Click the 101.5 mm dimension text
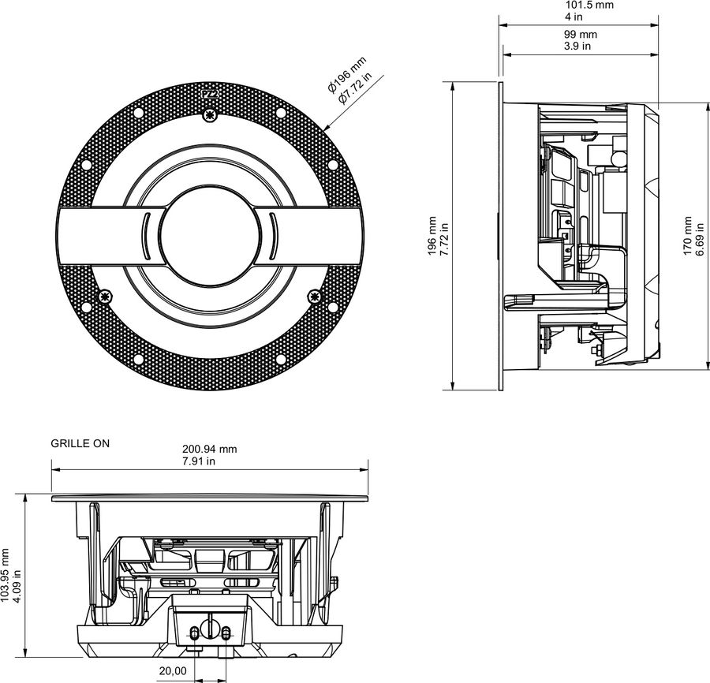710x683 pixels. click(x=580, y=5)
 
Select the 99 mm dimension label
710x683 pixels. click(x=580, y=35)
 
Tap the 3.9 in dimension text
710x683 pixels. click(x=580, y=47)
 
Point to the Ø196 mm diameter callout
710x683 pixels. click(x=347, y=76)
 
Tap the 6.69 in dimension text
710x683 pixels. click(x=699, y=236)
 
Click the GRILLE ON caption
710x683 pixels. click(x=80, y=443)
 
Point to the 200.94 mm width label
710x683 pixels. click(x=210, y=449)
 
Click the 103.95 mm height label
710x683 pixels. click(x=6, y=576)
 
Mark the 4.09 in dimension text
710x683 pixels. click(x=18, y=576)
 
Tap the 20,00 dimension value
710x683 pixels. click(x=173, y=670)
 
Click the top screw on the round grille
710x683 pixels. click(x=209, y=116)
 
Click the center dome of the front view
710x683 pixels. click(x=209, y=235)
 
